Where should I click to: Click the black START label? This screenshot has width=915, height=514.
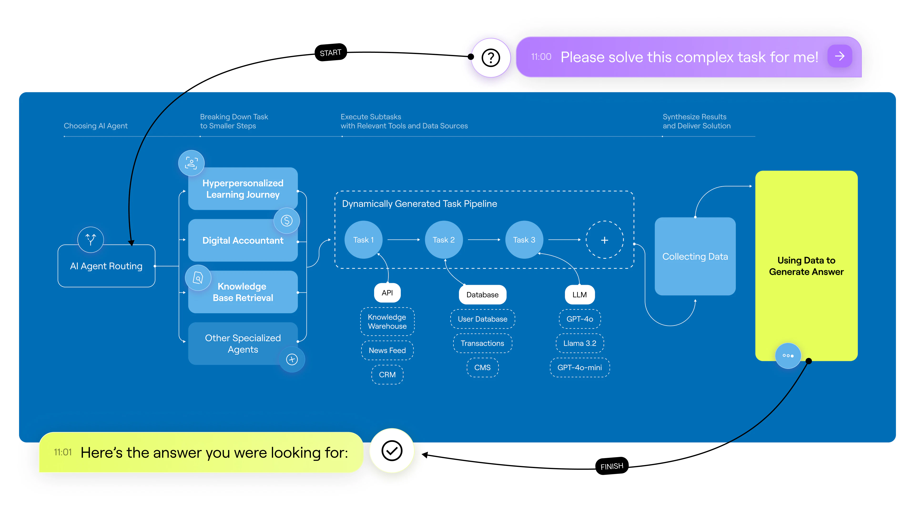[x=330, y=53]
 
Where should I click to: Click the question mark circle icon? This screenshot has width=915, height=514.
[x=491, y=57]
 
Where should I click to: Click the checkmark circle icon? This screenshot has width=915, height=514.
[x=392, y=450]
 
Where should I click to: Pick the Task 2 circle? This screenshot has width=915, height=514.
[x=444, y=240]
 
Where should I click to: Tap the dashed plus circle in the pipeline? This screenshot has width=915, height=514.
[x=604, y=240]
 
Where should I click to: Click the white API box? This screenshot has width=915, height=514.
[x=387, y=293]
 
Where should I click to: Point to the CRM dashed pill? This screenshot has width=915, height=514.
[x=387, y=375]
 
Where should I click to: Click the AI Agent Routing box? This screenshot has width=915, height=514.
[x=106, y=266]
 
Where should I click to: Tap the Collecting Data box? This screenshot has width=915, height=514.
[x=695, y=257]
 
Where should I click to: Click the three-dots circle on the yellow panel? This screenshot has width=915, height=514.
[x=788, y=356]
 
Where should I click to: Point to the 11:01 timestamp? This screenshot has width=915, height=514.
[x=63, y=452]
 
